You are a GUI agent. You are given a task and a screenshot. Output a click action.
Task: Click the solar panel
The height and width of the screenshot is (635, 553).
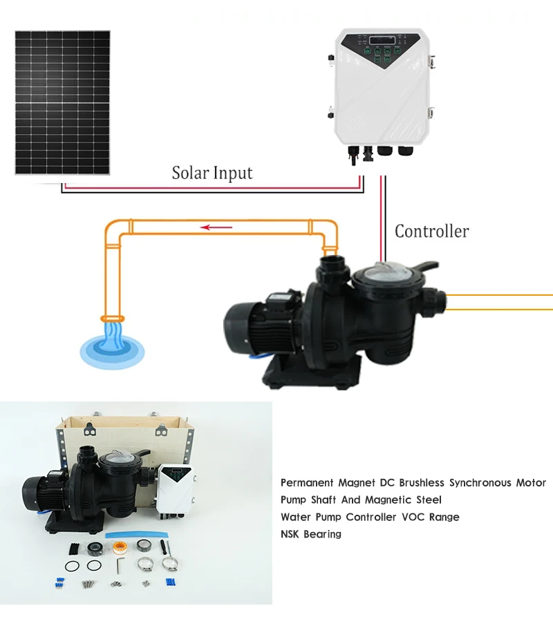[x=62, y=102]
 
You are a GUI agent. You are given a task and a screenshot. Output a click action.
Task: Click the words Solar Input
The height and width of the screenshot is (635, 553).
[x=212, y=172]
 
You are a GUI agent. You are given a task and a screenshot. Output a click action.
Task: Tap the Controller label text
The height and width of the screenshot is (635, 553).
[x=431, y=231]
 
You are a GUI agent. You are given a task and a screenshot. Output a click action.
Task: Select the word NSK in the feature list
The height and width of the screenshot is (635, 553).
[x=292, y=533]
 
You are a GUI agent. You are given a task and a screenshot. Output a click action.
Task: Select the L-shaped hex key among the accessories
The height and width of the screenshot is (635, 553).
[x=118, y=565]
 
